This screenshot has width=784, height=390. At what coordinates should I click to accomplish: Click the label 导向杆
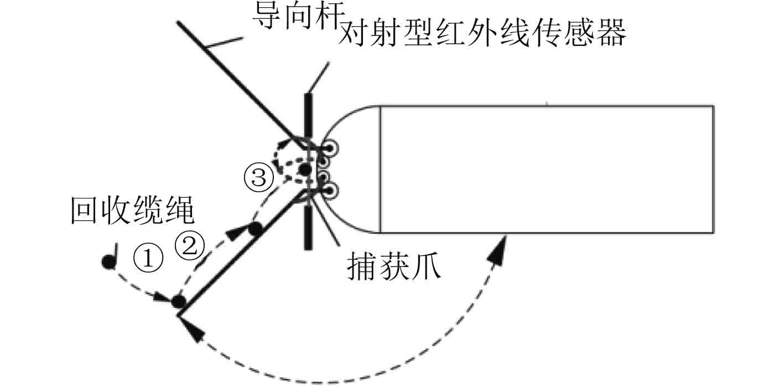(x=291, y=16)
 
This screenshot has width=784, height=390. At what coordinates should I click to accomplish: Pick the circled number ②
(x=190, y=246)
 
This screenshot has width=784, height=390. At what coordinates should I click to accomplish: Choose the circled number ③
(x=259, y=178)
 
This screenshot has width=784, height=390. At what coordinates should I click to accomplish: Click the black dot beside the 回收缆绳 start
(x=108, y=262)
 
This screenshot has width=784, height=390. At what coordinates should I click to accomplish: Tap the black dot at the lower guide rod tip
(x=178, y=302)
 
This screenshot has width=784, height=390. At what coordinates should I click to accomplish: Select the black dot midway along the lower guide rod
(x=255, y=228)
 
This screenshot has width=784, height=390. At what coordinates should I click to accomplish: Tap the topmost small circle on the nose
(x=331, y=148)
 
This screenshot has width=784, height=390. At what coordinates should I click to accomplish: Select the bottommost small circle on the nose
(x=331, y=191)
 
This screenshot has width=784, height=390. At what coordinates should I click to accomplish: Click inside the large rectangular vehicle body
(x=545, y=169)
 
